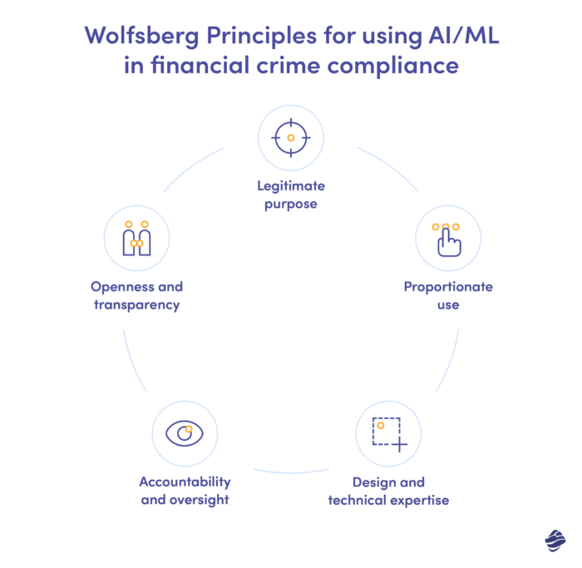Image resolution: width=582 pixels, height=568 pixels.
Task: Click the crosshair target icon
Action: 290,137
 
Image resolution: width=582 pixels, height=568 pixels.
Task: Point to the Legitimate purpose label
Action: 290,195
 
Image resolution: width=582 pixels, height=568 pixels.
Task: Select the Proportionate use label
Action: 447,296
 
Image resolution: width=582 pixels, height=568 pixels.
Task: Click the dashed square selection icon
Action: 388,433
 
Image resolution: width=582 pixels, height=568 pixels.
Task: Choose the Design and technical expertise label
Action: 388,491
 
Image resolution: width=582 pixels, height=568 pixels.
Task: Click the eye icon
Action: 185,433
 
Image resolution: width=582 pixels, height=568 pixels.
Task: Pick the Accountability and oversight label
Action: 185,491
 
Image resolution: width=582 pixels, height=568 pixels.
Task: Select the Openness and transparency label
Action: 136,296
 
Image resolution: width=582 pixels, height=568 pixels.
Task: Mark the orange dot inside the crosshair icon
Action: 290,137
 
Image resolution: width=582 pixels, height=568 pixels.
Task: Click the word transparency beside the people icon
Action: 136,305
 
